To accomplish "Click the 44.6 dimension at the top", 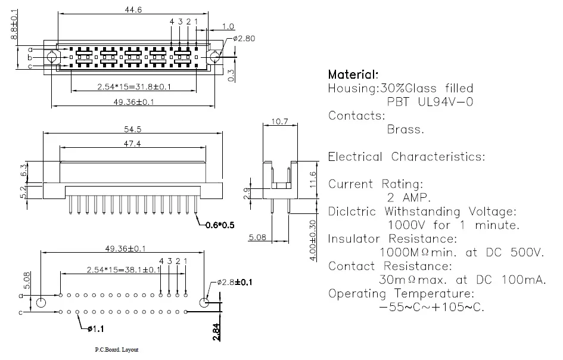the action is (x=133, y=10).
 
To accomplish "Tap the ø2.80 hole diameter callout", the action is (x=244, y=38).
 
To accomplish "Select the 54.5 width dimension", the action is (x=132, y=129).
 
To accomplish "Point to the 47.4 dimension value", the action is (x=132, y=144).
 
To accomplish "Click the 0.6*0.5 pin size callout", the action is (x=220, y=225).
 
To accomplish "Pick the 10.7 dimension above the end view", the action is (x=279, y=122).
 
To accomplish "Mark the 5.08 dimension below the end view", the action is (x=257, y=237).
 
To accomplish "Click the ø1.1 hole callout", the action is (x=95, y=329).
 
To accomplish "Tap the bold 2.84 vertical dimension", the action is (x=216, y=332).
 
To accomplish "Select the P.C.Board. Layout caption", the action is (x=117, y=350).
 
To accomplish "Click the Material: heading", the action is (x=353, y=75).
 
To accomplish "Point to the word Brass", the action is (x=406, y=129).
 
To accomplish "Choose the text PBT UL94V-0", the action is (x=430, y=102).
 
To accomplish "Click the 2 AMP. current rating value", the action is (x=409, y=198).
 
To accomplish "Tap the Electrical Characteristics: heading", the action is (x=406, y=157).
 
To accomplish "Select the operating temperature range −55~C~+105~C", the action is (x=431, y=307).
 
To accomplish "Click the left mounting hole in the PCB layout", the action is (x=41, y=303).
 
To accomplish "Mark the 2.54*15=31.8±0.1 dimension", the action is (x=134, y=86).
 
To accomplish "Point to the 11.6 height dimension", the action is (x=313, y=179).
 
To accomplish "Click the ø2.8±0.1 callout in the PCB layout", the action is (x=235, y=283).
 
